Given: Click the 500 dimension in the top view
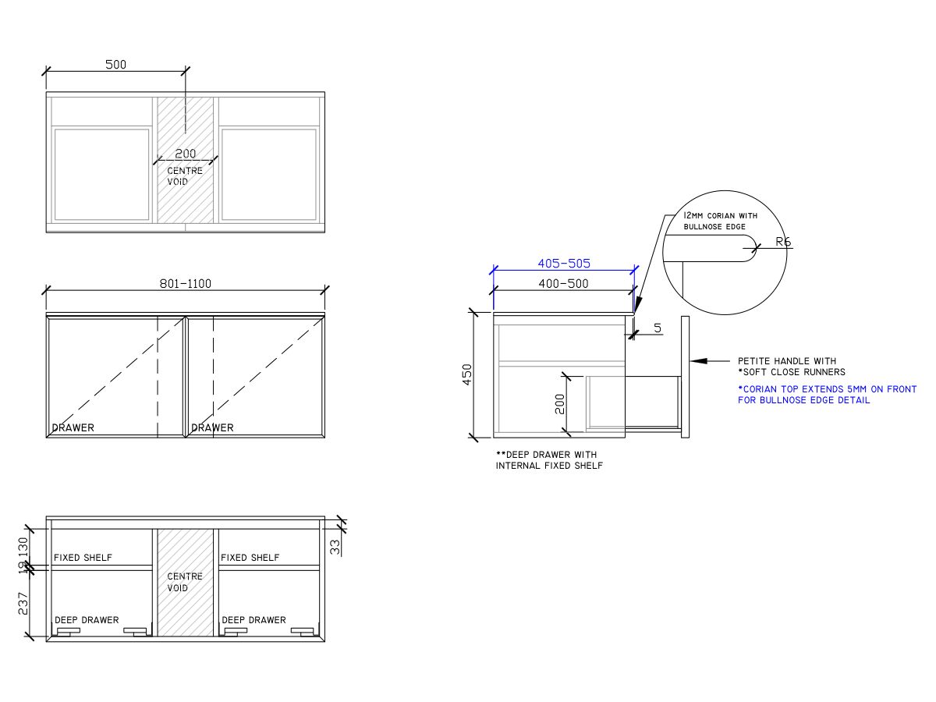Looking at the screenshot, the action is [x=115, y=65].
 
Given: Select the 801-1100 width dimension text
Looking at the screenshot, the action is [x=186, y=284].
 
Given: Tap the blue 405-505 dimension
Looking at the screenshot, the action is [x=564, y=264].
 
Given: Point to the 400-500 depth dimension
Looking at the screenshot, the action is [x=563, y=284].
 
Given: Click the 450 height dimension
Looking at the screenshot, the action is [x=467, y=374].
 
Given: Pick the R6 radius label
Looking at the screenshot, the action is [x=783, y=242].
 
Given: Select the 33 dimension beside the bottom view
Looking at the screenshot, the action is [x=335, y=547].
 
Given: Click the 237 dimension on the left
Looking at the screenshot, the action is [x=23, y=604].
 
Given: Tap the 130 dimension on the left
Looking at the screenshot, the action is [x=23, y=547].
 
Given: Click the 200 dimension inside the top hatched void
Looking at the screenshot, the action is [x=186, y=154].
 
